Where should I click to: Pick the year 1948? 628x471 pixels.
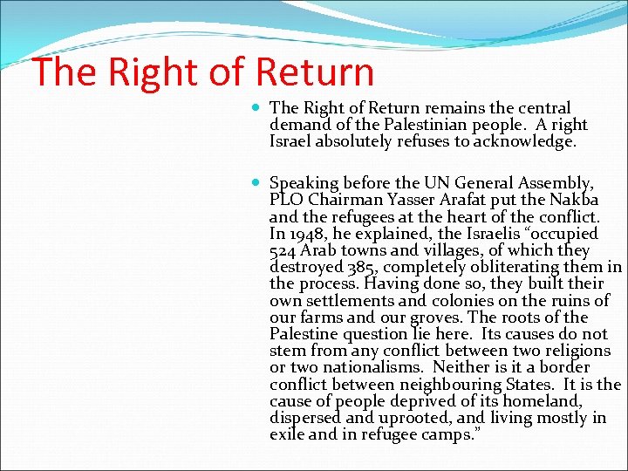click(306, 234)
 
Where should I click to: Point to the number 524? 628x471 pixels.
click(284, 250)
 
